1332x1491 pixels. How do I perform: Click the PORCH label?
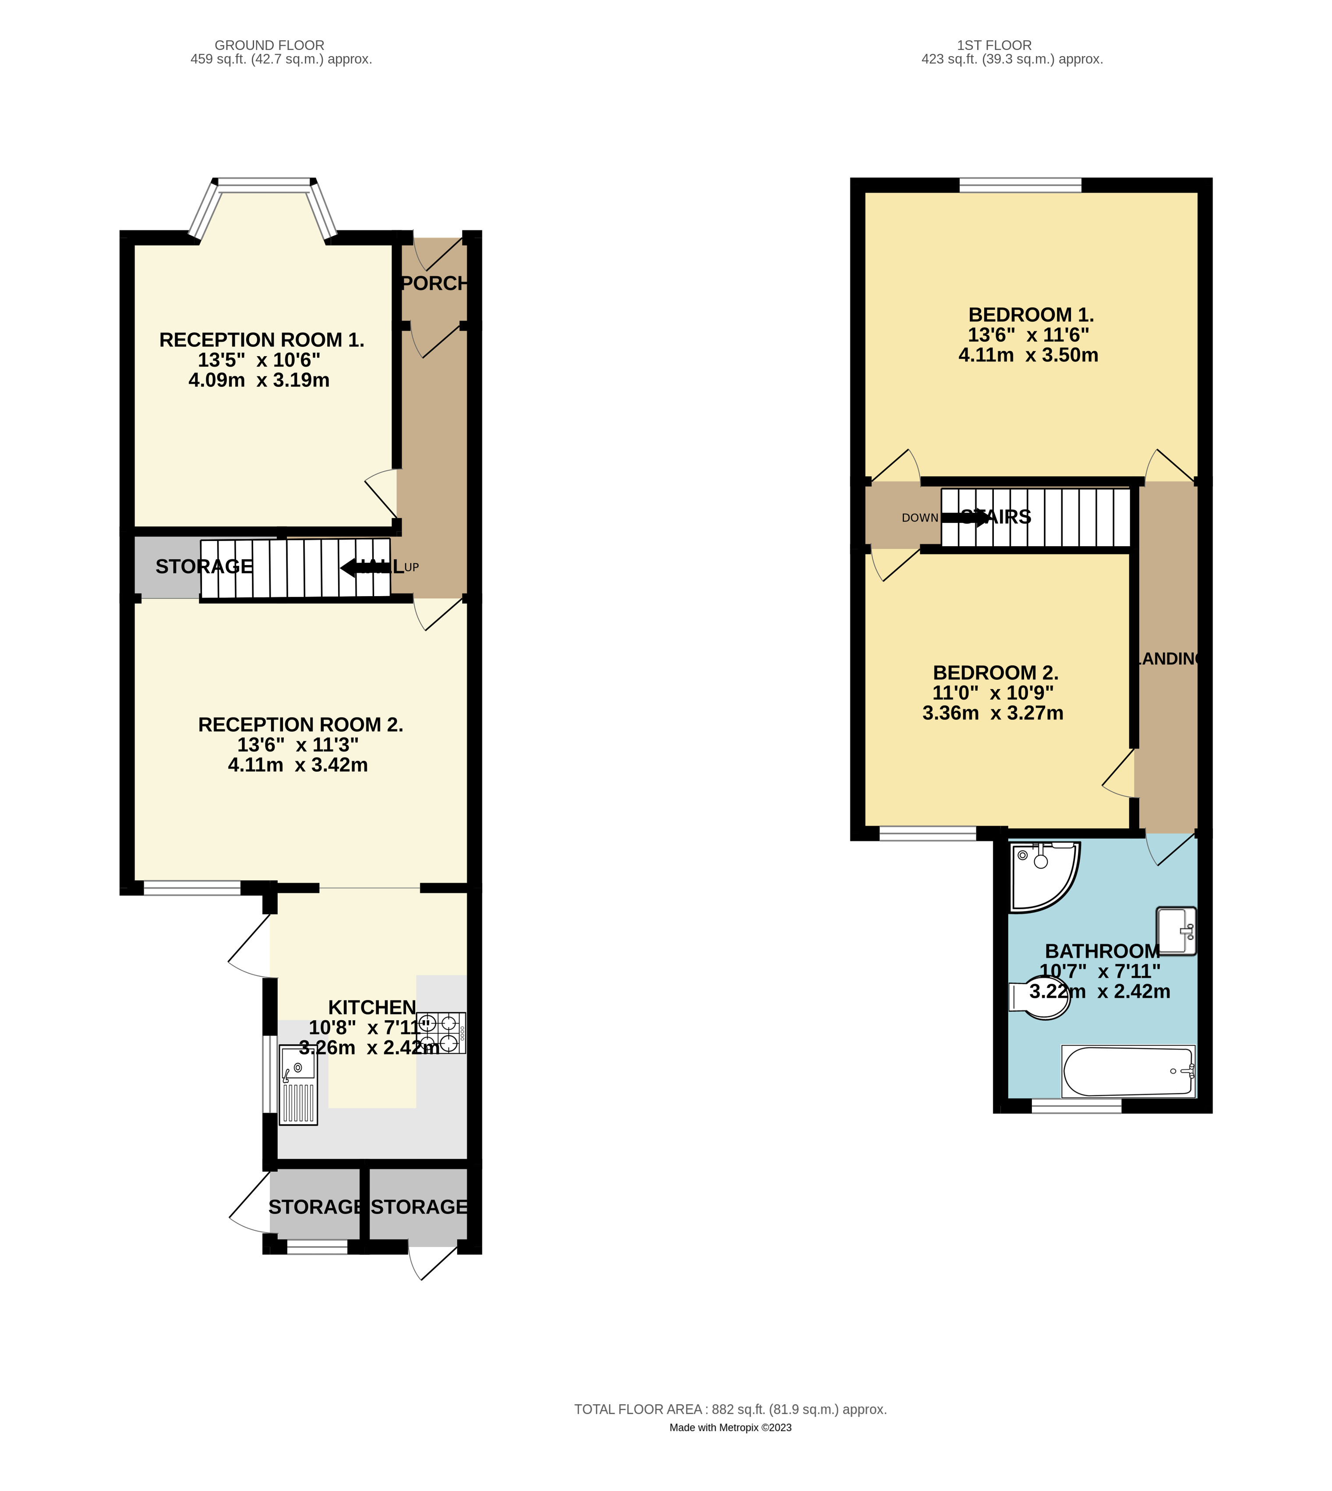(435, 283)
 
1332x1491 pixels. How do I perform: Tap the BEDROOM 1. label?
(1031, 315)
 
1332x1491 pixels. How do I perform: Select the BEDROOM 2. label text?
(995, 673)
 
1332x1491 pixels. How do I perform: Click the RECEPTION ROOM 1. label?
(261, 339)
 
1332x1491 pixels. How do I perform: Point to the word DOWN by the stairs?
(920, 517)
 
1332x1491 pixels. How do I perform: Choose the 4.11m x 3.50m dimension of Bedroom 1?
(1028, 355)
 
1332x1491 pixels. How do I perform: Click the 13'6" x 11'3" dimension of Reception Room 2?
(298, 744)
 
